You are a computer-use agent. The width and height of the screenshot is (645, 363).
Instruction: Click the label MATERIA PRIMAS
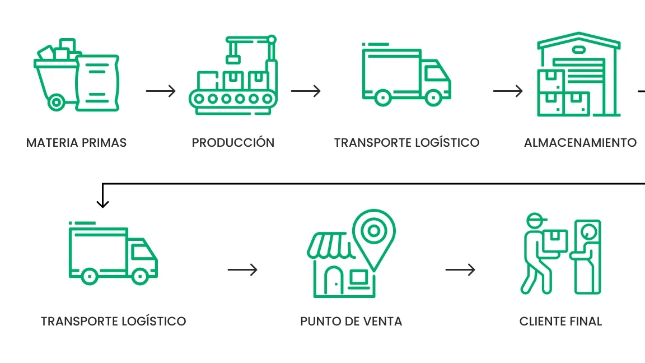(x=76, y=143)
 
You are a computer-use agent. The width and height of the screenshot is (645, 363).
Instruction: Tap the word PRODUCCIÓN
(x=233, y=143)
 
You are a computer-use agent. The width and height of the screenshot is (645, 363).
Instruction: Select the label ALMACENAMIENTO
(x=580, y=143)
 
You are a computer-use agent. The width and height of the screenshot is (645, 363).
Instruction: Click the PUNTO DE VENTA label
(x=351, y=322)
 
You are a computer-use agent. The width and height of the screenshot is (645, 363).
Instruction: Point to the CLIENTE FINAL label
(x=560, y=322)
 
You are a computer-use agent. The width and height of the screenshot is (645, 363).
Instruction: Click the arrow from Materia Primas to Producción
(x=161, y=91)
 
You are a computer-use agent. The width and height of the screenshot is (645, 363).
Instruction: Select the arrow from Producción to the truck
(x=306, y=91)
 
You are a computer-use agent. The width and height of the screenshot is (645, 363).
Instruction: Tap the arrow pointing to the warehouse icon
(x=508, y=91)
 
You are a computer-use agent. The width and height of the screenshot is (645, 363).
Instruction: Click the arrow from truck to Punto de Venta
(x=242, y=270)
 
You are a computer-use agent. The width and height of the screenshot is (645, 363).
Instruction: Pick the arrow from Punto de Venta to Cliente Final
(x=460, y=270)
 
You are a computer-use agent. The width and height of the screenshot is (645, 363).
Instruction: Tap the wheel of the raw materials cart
(x=56, y=103)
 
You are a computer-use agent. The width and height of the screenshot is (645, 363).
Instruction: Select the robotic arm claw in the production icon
(x=232, y=58)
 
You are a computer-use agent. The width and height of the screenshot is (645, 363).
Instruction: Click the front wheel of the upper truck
(x=433, y=96)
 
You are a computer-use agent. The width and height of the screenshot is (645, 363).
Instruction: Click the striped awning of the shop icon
(x=329, y=245)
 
